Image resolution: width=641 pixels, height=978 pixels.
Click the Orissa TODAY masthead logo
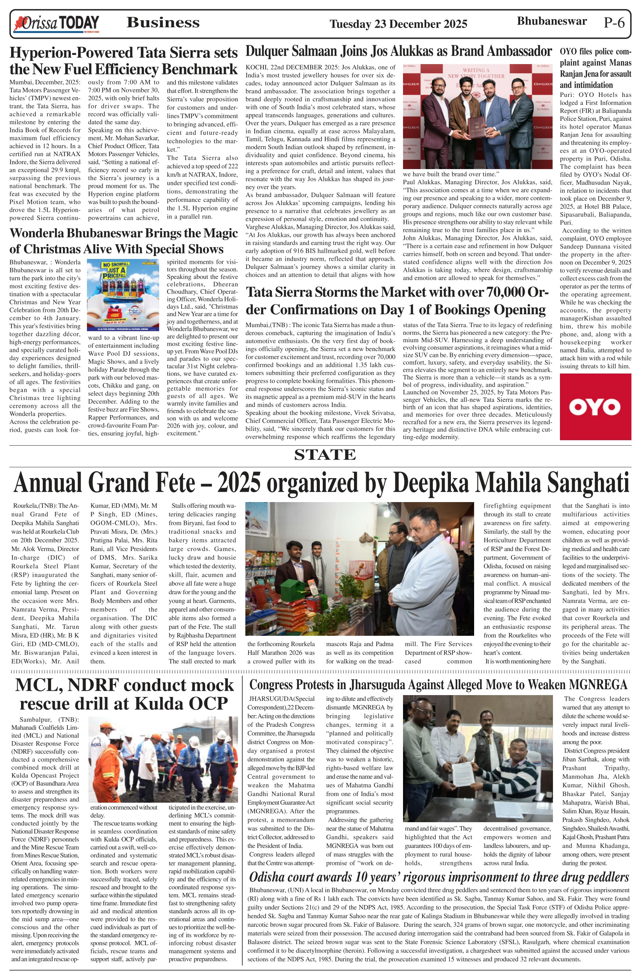(57, 24)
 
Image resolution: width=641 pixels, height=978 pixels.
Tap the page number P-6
(614, 22)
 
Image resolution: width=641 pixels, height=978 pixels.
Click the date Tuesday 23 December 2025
(398, 24)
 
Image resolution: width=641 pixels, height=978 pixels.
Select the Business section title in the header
(163, 22)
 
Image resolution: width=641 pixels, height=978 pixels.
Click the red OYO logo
(595, 407)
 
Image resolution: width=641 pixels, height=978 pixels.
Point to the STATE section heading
(325, 455)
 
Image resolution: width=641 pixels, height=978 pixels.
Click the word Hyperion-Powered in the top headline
(71, 53)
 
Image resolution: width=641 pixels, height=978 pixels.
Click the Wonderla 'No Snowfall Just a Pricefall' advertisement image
(123, 295)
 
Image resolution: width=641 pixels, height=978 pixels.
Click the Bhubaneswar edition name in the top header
(551, 21)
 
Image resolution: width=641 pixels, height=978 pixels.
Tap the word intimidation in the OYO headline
(586, 85)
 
